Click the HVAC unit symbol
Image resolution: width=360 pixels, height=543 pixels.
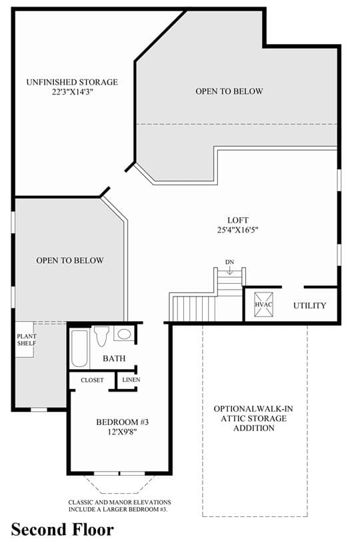[x=263, y=304]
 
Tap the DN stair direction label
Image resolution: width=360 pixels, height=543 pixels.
[x=229, y=262]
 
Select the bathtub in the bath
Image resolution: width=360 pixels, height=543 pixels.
[x=79, y=348]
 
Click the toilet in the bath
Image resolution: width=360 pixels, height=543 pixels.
[x=101, y=336]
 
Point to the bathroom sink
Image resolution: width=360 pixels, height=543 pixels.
[x=124, y=334]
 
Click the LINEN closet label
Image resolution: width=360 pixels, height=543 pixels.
[x=131, y=380]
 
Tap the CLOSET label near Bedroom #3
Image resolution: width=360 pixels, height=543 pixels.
[x=92, y=380]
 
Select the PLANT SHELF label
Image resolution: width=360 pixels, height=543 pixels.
[x=27, y=340]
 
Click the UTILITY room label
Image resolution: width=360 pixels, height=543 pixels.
[x=309, y=305]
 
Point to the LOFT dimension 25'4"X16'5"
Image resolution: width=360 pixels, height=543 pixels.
[x=238, y=230]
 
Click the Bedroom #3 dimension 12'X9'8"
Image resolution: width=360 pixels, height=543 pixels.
[x=122, y=432]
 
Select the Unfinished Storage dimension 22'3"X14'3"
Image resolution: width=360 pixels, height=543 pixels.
[x=73, y=92]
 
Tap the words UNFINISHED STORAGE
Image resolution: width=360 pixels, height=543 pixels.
[x=72, y=82]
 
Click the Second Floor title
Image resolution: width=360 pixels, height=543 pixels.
[x=63, y=530]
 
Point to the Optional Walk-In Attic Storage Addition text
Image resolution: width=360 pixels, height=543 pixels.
[x=253, y=418]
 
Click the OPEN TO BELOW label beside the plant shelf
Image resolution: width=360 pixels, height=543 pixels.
[x=70, y=261]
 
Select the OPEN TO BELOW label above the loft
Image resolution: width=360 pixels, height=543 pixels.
[x=229, y=91]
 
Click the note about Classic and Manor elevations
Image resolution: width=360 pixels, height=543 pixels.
[x=119, y=506]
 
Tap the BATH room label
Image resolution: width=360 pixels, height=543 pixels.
[x=114, y=358]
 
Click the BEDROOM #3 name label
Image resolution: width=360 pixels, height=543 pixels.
[x=122, y=422]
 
